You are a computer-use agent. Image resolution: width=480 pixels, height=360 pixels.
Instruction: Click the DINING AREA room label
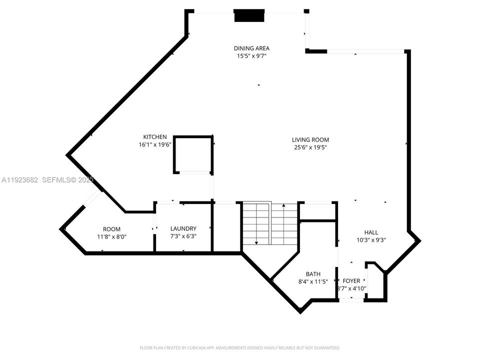click(251, 48)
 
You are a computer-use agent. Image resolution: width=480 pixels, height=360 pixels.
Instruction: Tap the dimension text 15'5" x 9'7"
click(251, 56)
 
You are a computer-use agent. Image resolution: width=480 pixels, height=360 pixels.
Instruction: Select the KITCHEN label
click(155, 137)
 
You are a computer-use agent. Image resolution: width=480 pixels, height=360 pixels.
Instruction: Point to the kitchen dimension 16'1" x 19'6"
click(155, 144)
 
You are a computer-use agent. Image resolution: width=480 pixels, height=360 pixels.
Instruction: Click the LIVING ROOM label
click(310, 140)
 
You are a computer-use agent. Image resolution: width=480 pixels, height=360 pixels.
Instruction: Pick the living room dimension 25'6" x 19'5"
click(310, 147)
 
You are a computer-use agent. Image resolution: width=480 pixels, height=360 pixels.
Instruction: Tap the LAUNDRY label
click(183, 228)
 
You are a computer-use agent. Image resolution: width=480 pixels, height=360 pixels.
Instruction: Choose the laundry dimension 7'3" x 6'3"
click(183, 236)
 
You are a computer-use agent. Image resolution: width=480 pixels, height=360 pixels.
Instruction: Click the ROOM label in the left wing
click(111, 229)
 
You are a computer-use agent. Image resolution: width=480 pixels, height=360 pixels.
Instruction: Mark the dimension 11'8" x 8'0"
click(111, 236)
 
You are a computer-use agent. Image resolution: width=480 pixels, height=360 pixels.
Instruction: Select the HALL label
click(370, 232)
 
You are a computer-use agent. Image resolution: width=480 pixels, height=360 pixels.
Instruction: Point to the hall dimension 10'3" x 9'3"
click(370, 240)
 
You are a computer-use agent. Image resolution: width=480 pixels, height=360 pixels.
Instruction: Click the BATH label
click(313, 274)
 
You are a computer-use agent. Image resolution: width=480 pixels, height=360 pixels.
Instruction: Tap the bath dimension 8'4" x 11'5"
click(313, 281)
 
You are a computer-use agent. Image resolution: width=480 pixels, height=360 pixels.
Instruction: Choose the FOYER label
click(351, 281)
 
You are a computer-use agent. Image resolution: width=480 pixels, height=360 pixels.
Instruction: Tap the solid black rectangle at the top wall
click(249, 16)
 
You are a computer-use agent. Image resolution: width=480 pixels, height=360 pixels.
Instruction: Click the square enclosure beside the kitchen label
click(193, 153)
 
